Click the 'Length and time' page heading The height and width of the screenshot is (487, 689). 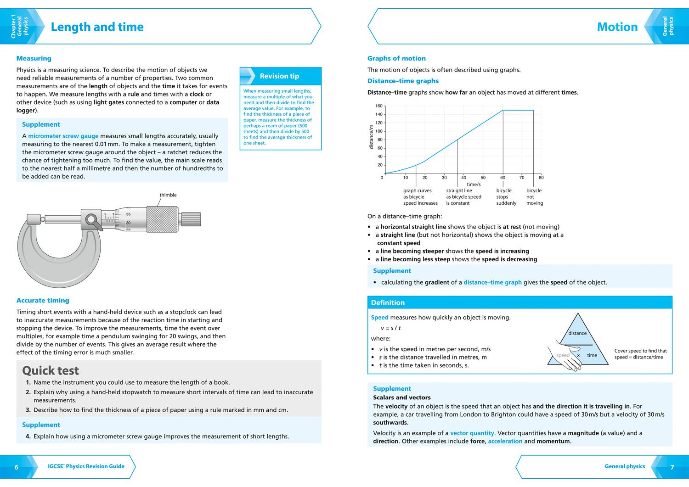click(97, 27)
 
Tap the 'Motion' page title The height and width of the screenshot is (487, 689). click(617, 27)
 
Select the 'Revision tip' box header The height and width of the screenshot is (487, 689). click(279, 76)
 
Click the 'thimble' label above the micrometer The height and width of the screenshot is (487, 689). click(168, 195)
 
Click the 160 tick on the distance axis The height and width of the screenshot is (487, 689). click(379, 106)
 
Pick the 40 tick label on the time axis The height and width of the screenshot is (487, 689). click(463, 178)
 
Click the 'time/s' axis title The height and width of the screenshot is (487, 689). click(474, 184)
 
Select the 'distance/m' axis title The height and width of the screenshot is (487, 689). click(371, 137)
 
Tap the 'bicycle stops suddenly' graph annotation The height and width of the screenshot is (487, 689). click(506, 197)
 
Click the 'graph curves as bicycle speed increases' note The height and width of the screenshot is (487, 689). click(420, 197)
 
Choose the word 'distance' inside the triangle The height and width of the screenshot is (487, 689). click(577, 333)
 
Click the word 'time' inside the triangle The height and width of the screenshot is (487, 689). click(592, 355)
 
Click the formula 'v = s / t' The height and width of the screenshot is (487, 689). click(391, 328)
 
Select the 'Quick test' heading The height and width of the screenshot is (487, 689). click(51, 370)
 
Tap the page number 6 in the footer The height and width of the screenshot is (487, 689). click(17, 467)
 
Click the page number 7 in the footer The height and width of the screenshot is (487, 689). click(672, 467)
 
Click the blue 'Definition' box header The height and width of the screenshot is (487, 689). click(388, 303)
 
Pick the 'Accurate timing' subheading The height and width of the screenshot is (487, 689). click(43, 301)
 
